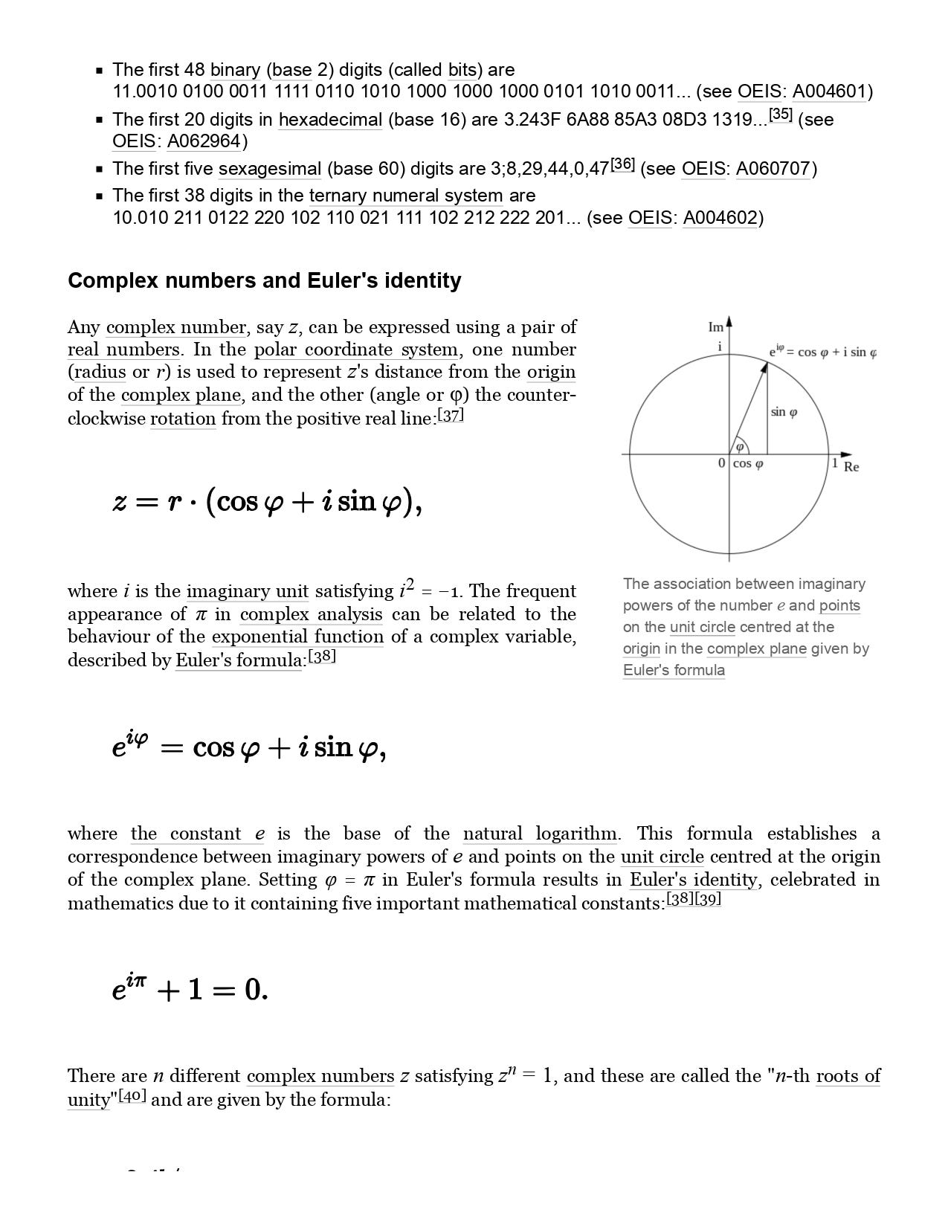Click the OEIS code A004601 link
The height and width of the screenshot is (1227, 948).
tap(830, 91)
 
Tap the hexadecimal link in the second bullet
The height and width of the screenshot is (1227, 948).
tap(330, 120)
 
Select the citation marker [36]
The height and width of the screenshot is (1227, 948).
tap(622, 165)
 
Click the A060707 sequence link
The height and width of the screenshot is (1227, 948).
tap(773, 169)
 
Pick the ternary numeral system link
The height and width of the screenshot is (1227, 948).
tap(406, 196)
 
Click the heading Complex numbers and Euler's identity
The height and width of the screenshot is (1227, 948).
tap(264, 280)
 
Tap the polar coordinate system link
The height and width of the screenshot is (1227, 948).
tap(356, 350)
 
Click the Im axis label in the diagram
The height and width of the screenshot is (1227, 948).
tap(715, 327)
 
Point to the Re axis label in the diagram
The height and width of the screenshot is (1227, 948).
tap(851, 467)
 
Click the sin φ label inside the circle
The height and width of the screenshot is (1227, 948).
tap(784, 412)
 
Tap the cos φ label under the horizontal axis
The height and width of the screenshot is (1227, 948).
tap(748, 464)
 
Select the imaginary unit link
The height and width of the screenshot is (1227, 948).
tap(247, 591)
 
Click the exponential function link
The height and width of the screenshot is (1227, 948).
tap(297, 637)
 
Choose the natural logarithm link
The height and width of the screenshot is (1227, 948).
tap(539, 834)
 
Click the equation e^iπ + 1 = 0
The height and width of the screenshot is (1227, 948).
tap(190, 989)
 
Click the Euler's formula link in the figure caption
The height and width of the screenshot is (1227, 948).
tap(674, 670)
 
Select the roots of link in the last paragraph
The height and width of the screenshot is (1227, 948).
tap(848, 1076)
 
